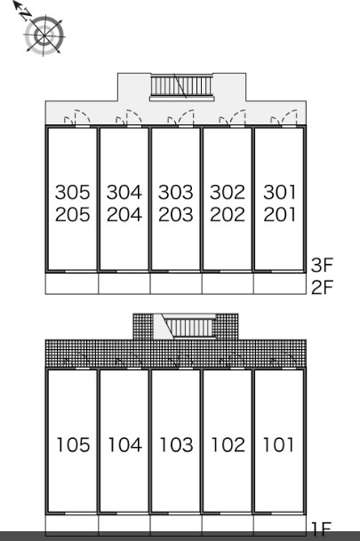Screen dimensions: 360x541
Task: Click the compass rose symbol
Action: click(44, 36)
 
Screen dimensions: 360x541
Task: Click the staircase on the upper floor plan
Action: click(181, 86)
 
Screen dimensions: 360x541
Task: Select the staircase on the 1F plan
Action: click(189, 327)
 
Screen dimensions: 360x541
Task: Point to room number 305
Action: click(73, 192)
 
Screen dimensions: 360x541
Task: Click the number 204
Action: click(124, 214)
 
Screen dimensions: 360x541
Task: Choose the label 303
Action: click(176, 192)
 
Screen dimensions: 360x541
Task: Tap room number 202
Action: click(228, 214)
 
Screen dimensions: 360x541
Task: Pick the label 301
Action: click(280, 192)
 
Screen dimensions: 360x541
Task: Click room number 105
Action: click(73, 445)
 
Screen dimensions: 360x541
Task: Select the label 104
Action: click(125, 445)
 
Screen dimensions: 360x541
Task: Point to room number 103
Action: click(176, 445)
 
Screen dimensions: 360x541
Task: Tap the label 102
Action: click(228, 445)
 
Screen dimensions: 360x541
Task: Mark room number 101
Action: click(278, 445)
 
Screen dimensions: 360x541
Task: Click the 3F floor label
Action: click(322, 265)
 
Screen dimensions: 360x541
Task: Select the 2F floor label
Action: click(322, 287)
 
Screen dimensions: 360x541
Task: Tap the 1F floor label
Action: click(321, 528)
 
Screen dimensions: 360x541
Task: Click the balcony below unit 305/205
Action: click(72, 283)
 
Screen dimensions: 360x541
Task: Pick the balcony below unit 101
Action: click(280, 524)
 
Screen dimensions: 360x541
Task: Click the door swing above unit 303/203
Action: click(181, 117)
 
